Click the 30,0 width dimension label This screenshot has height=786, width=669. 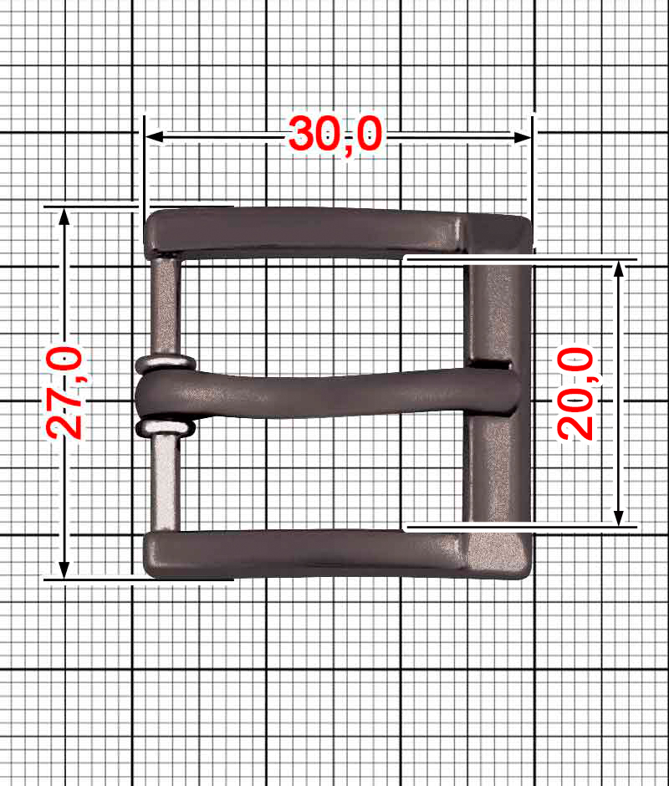[335, 135]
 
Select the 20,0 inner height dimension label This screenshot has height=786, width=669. [575, 394]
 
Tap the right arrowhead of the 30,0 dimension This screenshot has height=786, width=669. [523, 137]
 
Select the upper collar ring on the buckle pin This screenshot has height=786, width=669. [165, 364]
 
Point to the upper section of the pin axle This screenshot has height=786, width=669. [165, 305]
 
